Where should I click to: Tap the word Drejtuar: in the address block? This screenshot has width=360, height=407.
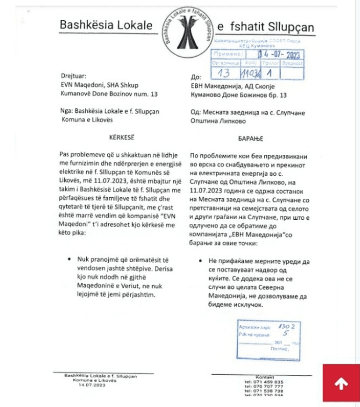(x=73, y=76)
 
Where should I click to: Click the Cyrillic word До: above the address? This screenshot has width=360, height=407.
(x=196, y=78)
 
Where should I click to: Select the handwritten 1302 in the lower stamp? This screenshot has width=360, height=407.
(x=286, y=326)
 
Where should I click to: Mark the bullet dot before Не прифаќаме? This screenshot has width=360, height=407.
(x=201, y=261)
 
